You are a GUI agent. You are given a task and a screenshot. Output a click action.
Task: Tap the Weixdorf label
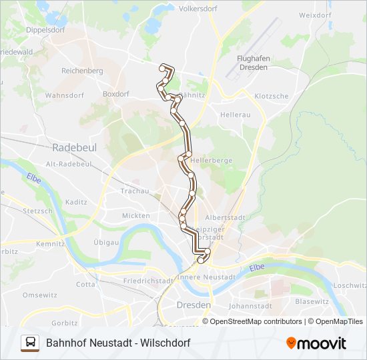pyautogui.click(x=316, y=15)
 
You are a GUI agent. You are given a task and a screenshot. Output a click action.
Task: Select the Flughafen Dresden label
pyautogui.click(x=252, y=63)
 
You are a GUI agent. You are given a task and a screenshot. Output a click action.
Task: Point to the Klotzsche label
pyautogui.click(x=272, y=96)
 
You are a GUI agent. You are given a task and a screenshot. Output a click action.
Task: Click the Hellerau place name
pyautogui.click(x=235, y=115)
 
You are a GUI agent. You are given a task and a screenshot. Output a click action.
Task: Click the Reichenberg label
pyautogui.click(x=82, y=71)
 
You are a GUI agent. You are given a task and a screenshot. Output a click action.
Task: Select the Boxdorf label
pyautogui.click(x=116, y=94)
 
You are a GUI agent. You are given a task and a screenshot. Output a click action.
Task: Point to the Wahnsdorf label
pyautogui.click(x=64, y=95)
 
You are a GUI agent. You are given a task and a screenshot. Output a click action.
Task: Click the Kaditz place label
pyautogui.click(x=77, y=201)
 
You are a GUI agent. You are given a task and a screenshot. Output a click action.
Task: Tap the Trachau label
pyautogui.click(x=135, y=191)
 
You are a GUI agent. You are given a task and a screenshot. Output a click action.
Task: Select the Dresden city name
pyautogui.click(x=194, y=305)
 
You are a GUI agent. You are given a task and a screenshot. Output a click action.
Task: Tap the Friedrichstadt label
pyautogui.click(x=148, y=281)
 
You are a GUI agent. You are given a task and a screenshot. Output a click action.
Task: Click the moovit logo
pyautogui.click(x=316, y=343)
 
